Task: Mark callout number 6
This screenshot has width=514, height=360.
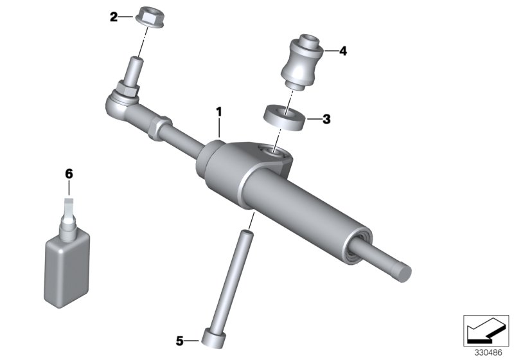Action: pos(69,174)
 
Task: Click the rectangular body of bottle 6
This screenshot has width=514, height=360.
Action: pos(67,264)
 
